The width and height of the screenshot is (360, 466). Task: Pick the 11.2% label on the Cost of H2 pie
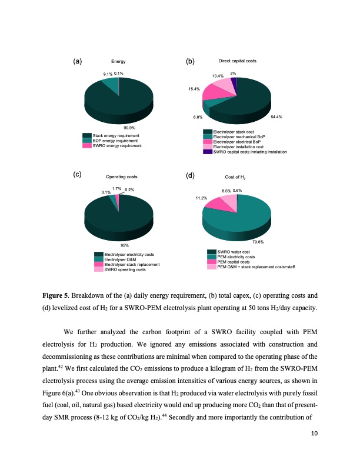click(x=201, y=198)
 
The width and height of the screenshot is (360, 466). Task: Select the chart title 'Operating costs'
click(x=122, y=177)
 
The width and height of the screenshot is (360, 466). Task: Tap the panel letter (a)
click(x=77, y=61)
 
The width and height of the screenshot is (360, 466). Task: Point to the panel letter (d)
click(x=190, y=175)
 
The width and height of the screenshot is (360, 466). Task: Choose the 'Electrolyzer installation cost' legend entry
click(x=238, y=147)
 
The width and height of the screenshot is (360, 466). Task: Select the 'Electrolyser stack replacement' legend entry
click(x=129, y=265)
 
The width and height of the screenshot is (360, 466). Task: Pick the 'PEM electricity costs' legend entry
click(x=235, y=257)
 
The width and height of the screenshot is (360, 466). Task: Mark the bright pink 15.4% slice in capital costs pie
click(x=211, y=92)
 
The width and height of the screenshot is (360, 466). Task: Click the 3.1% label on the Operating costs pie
click(x=106, y=192)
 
